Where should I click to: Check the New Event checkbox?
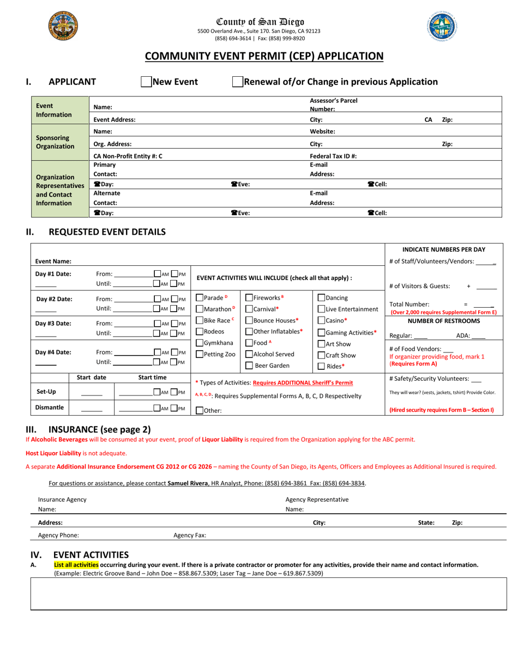(x=146, y=82)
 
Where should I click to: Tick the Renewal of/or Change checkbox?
(x=237, y=82)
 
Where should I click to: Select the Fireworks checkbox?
(x=249, y=297)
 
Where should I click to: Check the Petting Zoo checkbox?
(x=200, y=354)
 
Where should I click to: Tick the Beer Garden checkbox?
(x=249, y=366)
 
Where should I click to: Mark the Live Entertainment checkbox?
(x=321, y=309)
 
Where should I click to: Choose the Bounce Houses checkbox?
(x=249, y=320)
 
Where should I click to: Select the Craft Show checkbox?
(x=321, y=355)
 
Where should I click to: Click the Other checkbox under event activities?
(x=200, y=411)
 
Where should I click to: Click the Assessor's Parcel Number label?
(x=333, y=105)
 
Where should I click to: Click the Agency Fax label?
(x=190, y=535)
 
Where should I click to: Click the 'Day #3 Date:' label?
(x=53, y=323)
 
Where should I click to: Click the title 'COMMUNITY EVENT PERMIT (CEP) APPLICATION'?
(x=263, y=56)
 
